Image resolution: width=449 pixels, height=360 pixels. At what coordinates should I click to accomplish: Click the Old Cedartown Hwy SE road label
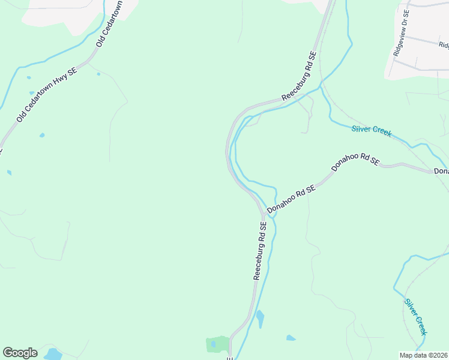47,95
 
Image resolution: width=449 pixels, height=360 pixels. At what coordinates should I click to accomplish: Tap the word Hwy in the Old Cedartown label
61,81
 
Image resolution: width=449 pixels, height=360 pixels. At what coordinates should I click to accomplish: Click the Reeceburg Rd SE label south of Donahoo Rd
260,251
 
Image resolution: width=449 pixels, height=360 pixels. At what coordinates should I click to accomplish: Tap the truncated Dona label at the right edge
441,172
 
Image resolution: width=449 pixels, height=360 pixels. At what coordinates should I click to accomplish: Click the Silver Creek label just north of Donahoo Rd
372,130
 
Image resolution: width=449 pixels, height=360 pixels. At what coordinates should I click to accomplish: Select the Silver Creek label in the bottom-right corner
416,317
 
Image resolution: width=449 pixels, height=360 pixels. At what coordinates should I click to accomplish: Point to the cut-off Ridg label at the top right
443,45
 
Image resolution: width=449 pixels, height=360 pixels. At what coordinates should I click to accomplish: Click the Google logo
20,353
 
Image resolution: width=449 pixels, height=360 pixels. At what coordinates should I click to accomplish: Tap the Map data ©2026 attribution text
424,355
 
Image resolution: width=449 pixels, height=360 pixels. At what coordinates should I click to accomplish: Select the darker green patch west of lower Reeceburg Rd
217,344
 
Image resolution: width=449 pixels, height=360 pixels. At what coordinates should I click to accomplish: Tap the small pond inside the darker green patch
213,344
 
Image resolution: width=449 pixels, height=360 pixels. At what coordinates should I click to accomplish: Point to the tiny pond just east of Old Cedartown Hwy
98,74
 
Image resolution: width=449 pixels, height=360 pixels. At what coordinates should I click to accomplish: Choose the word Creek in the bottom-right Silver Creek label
421,325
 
